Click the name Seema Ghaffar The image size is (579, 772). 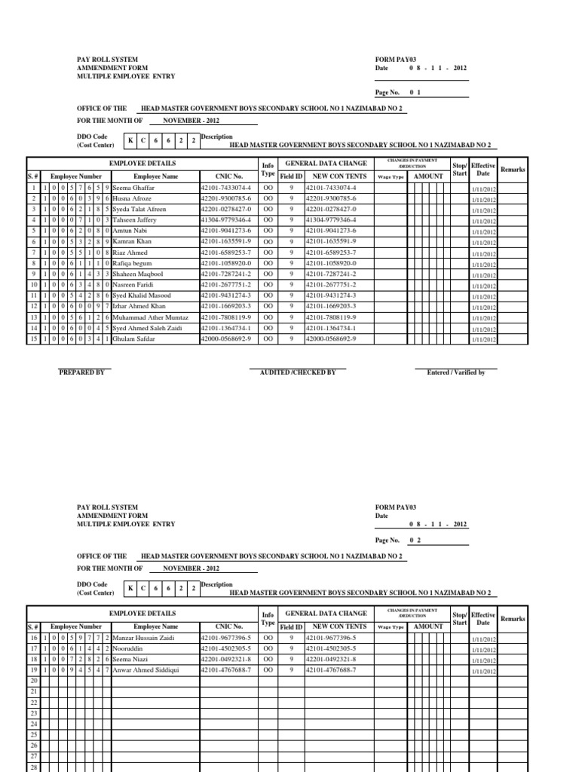135,187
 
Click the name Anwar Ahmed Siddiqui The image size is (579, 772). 146,669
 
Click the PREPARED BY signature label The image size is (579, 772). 81,372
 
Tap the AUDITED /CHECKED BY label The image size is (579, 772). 297,372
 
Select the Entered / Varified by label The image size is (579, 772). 455,372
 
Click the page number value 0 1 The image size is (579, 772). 414,92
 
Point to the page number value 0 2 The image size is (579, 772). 414,541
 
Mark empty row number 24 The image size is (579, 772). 33,724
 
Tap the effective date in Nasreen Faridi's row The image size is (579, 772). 483,287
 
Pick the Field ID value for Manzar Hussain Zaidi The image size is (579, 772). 290,637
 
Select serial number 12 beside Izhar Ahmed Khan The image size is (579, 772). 33,307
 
